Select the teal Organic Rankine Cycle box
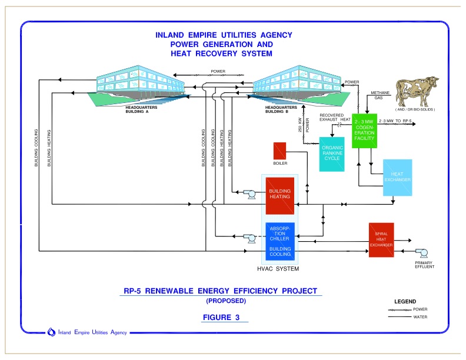click(x=331, y=154)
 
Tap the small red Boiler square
click(x=279, y=151)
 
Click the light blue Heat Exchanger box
click(x=401, y=178)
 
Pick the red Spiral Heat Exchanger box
click(x=384, y=241)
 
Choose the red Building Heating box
click(x=279, y=195)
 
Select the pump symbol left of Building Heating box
click(x=251, y=195)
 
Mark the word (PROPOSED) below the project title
click(x=225, y=301)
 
